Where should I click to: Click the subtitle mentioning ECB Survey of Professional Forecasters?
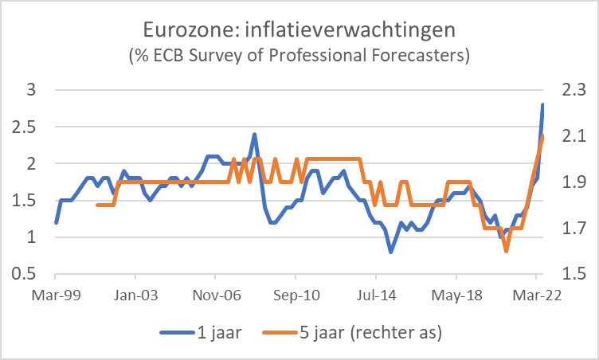299,57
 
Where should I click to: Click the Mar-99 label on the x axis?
56,294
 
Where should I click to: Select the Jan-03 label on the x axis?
136,294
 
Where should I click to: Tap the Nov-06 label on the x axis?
217,294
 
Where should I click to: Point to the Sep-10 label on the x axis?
296,294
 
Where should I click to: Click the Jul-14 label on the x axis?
376,294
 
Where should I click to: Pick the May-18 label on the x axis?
456,294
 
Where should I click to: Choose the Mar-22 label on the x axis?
536,294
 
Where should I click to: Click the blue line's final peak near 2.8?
542,104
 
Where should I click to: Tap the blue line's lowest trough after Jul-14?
390,252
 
